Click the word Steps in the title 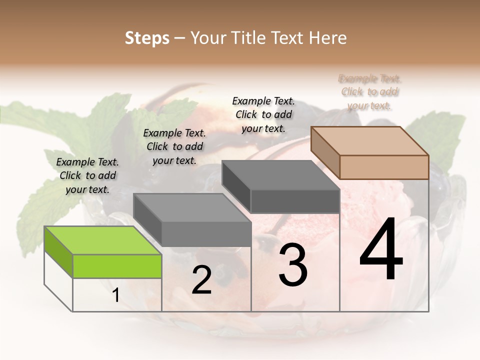point(146,38)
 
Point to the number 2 point(201,280)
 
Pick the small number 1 point(116,295)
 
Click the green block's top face point(103,240)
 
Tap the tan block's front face point(384,167)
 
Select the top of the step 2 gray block point(191,207)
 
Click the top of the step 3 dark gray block point(280,175)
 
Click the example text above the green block point(87,175)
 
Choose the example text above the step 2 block point(174,146)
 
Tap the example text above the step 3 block point(263,114)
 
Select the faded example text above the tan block point(370,92)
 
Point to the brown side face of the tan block point(325,152)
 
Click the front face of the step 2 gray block point(206,234)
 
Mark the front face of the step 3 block point(295,201)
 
